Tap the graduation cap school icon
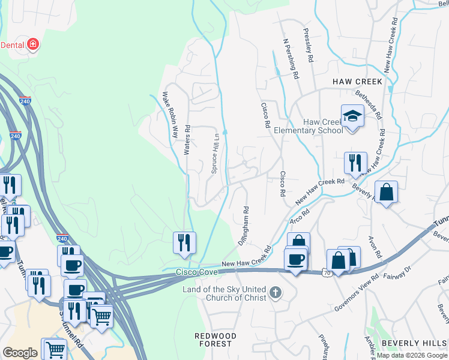[x=352, y=116]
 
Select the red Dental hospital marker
[x=33, y=44]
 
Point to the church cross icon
[x=276, y=293]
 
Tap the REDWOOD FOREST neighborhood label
[x=215, y=340]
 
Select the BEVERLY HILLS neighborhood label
[x=414, y=343]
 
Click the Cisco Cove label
[x=196, y=272]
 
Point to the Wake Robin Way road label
[x=169, y=115]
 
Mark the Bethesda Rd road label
[x=368, y=102]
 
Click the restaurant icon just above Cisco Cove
[x=184, y=243]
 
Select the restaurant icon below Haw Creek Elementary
[x=355, y=163]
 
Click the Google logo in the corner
[x=20, y=353]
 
